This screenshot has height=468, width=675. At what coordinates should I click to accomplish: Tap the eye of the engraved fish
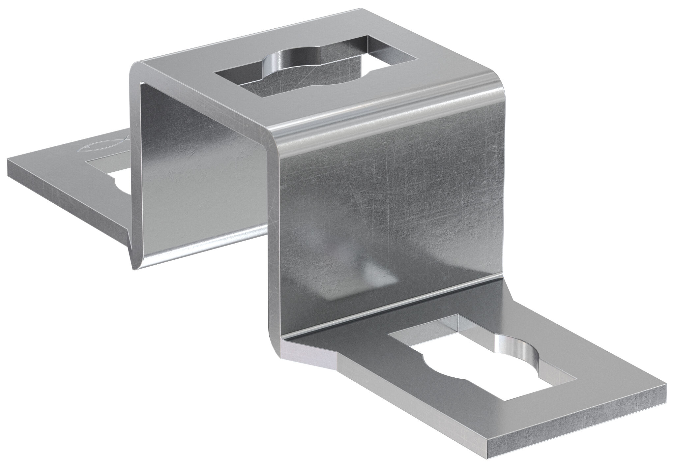(x=86, y=146)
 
